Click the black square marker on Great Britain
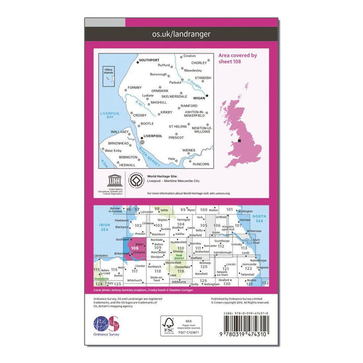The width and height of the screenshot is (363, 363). [x=241, y=141]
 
